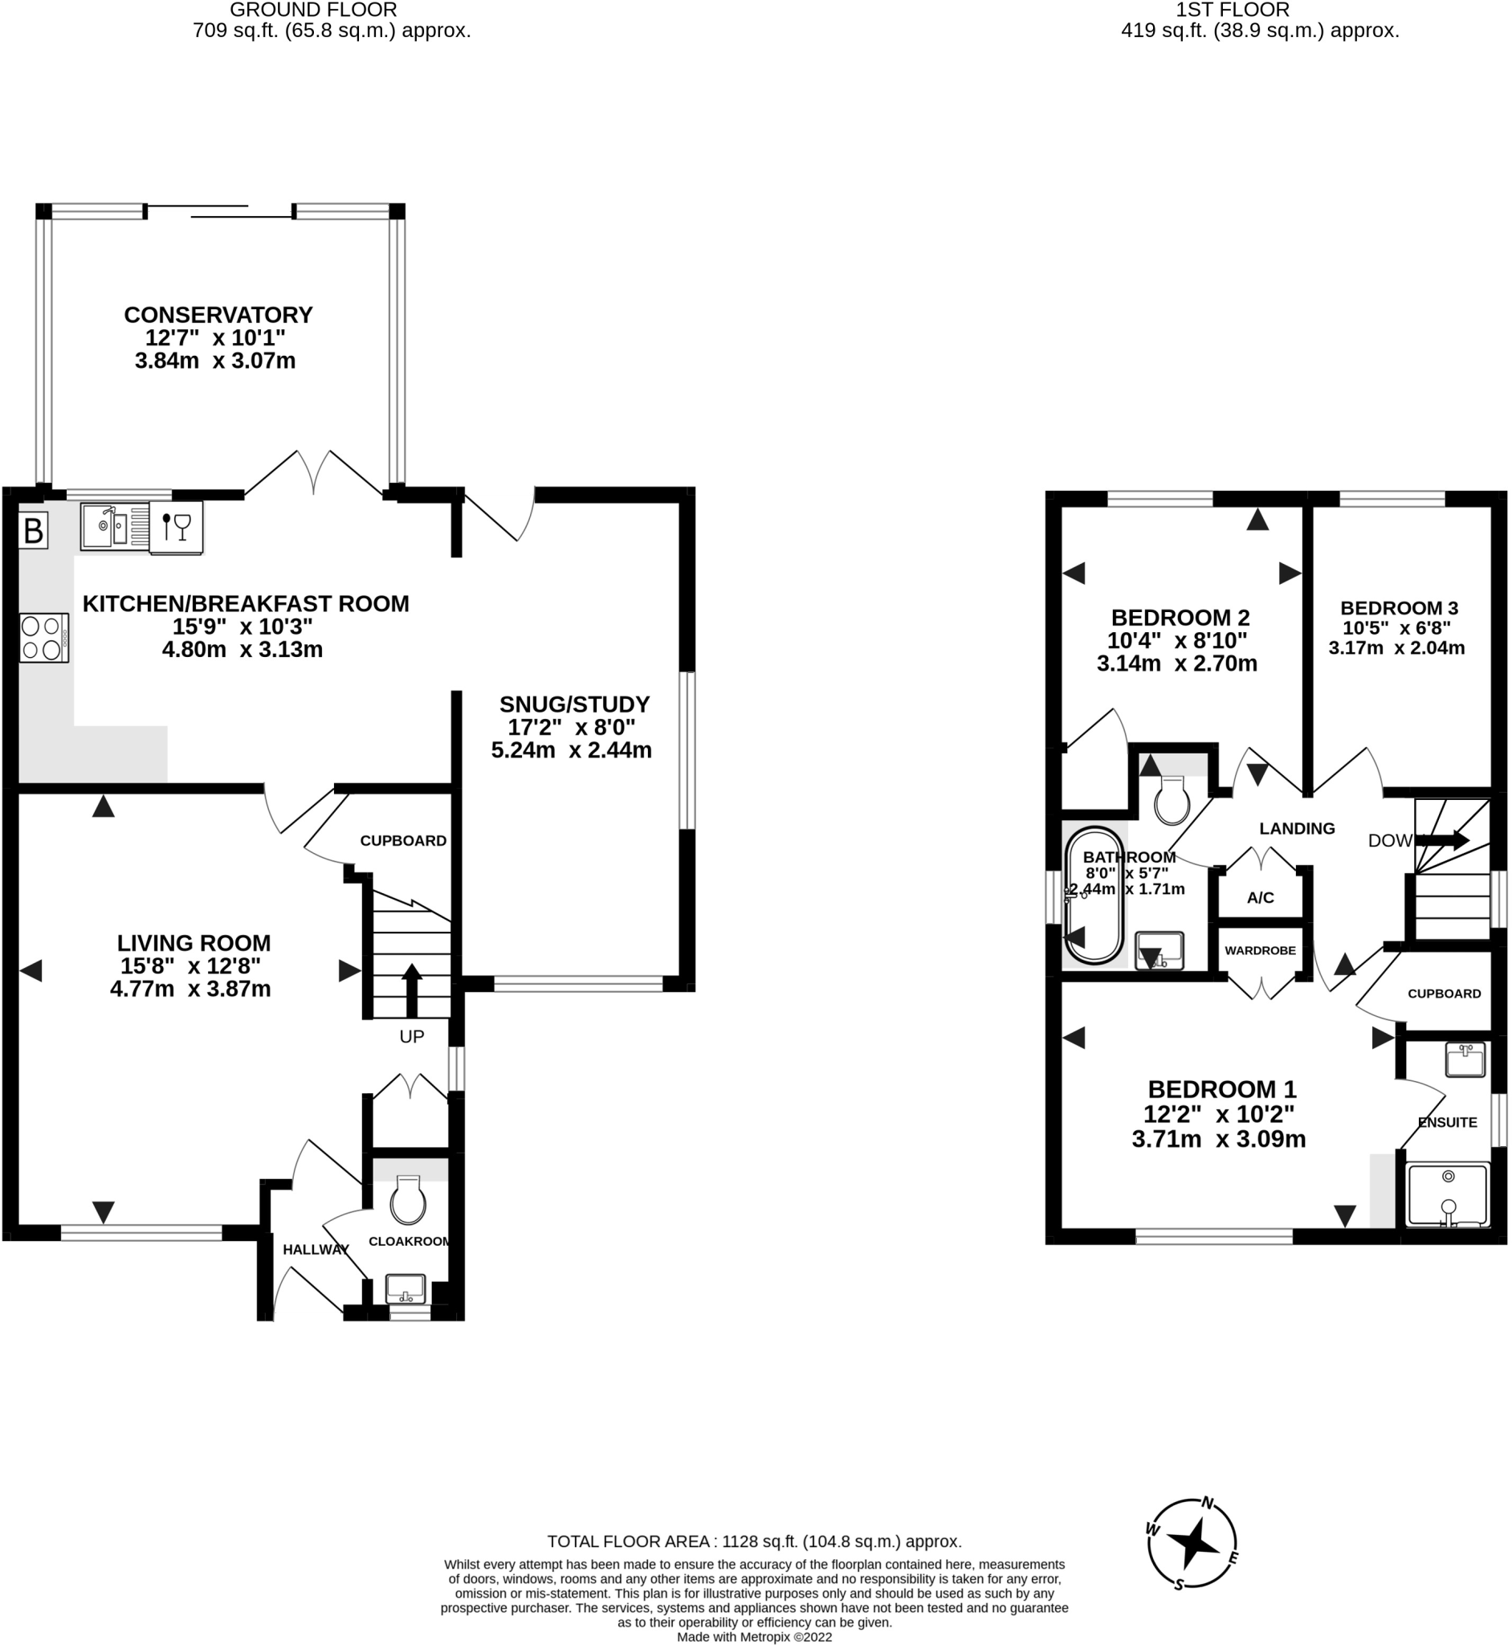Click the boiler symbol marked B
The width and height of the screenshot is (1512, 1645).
pyautogui.click(x=34, y=531)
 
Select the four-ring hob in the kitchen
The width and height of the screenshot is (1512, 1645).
pyautogui.click(x=45, y=638)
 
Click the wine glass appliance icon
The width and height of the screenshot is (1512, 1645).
pyautogui.click(x=176, y=528)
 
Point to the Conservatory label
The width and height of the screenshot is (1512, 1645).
pyautogui.click(x=218, y=315)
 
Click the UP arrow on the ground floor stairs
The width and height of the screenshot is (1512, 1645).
pyautogui.click(x=412, y=990)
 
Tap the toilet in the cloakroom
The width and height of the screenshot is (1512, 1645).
pyautogui.click(x=407, y=1200)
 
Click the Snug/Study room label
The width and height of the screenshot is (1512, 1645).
pyautogui.click(x=574, y=704)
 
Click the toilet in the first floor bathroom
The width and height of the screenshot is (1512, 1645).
pyautogui.click(x=1172, y=800)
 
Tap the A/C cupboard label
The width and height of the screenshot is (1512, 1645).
pyautogui.click(x=1260, y=898)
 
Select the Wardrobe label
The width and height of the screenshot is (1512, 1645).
pyautogui.click(x=1260, y=950)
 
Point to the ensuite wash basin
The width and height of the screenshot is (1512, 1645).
pyautogui.click(x=1465, y=1059)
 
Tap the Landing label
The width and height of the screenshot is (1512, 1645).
pyautogui.click(x=1297, y=828)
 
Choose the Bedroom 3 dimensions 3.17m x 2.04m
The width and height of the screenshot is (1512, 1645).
pyautogui.click(x=1396, y=648)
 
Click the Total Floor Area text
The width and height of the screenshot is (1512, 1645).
pyautogui.click(x=754, y=1542)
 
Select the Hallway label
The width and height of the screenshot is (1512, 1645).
pyautogui.click(x=316, y=1250)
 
